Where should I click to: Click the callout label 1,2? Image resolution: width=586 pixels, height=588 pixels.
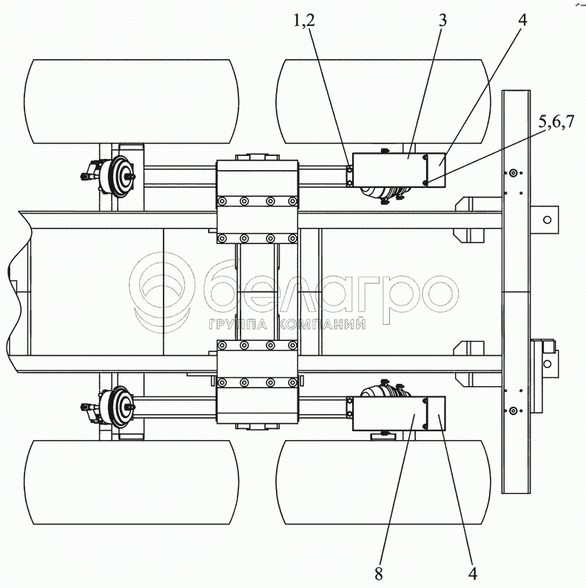point(303,21)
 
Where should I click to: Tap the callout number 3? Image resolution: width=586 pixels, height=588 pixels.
point(443,20)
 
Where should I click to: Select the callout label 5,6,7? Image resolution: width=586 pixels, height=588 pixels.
point(556,122)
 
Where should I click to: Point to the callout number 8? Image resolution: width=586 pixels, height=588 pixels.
point(378,573)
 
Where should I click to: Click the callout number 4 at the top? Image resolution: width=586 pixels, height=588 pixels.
point(522,20)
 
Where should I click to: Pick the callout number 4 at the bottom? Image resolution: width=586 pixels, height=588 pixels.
point(472,573)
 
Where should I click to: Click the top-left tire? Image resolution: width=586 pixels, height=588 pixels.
point(131,101)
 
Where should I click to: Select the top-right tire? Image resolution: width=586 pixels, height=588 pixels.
point(383,101)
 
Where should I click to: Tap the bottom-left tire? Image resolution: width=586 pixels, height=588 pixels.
point(131,482)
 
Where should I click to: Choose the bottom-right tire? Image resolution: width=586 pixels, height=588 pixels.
point(383,482)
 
